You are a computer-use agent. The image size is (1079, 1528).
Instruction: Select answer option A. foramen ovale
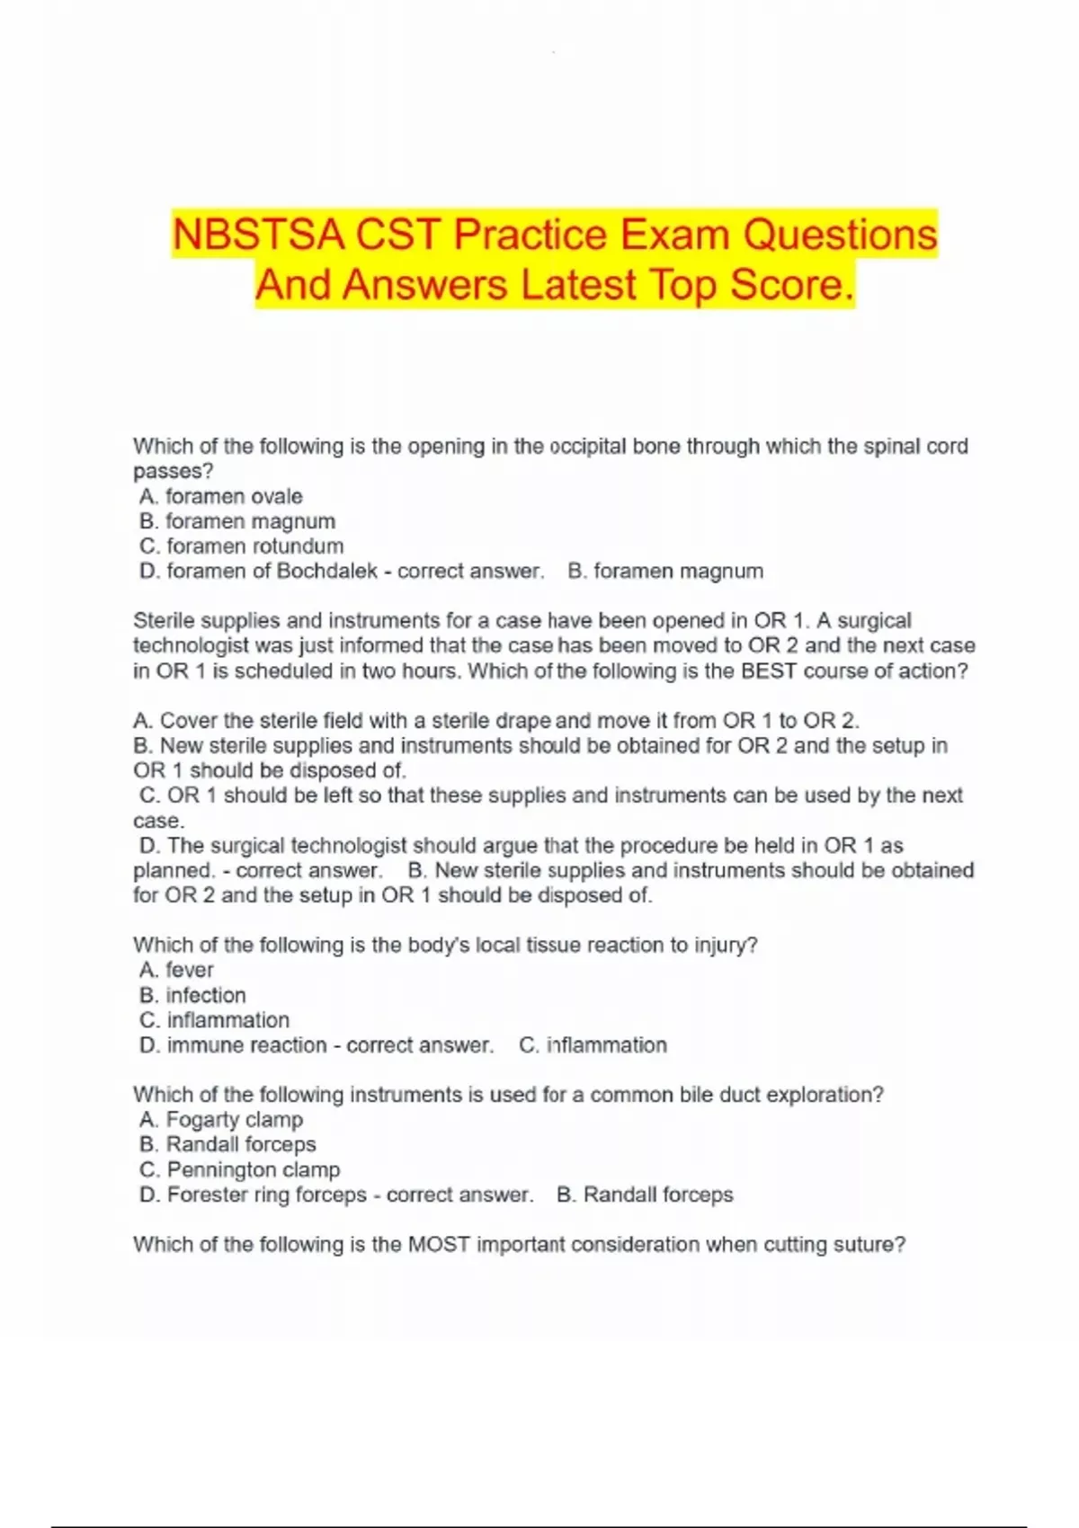click(221, 496)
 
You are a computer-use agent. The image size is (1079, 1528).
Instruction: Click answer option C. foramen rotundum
click(241, 546)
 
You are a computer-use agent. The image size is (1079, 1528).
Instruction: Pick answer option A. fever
click(176, 970)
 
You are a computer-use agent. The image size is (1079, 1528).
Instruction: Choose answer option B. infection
click(192, 995)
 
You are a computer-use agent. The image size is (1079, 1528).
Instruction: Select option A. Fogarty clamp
click(221, 1120)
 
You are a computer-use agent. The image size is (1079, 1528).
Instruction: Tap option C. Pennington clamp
click(240, 1169)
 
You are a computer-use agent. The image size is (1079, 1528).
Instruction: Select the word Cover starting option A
click(188, 721)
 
